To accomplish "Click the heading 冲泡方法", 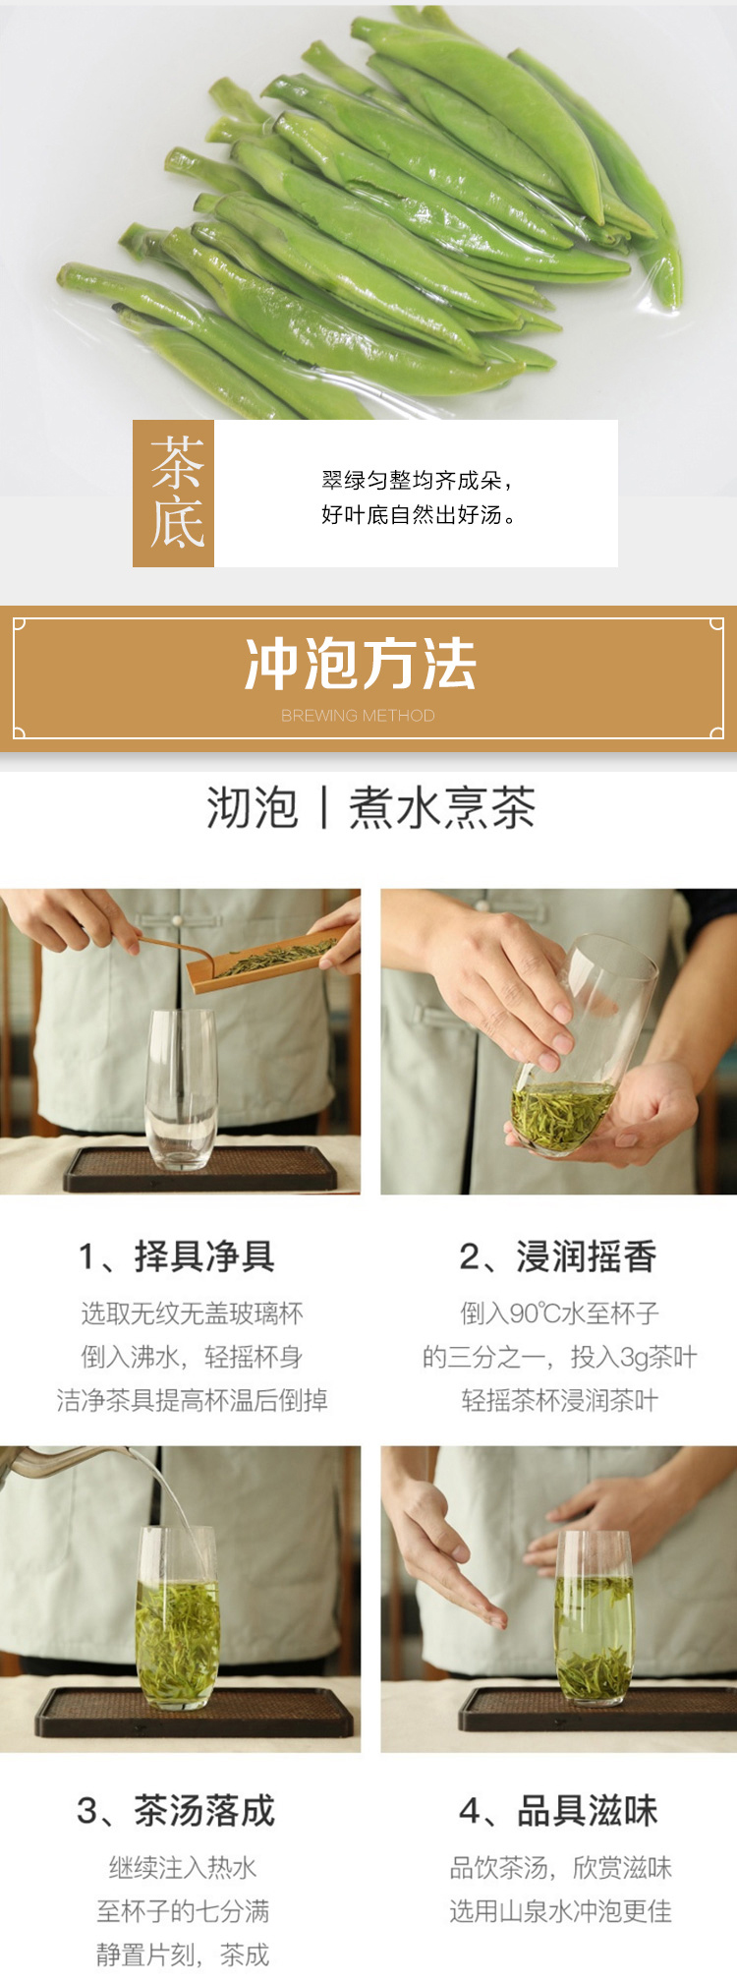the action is click(361, 664).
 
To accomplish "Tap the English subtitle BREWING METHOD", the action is click(358, 716).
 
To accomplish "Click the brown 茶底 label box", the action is click(173, 494).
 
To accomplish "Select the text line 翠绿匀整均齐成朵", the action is click(412, 480).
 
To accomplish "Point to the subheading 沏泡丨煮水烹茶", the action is click(370, 808).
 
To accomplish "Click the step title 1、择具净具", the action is click(177, 1255).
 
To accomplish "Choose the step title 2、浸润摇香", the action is click(558, 1255).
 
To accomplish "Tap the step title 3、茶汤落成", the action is click(177, 1810).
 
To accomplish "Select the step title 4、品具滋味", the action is click(558, 1810).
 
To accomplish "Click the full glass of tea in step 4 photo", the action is click(594, 1616).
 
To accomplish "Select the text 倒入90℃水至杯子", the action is click(560, 1313).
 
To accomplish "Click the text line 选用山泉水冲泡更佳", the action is click(561, 1910).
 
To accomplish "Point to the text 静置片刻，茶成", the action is click(183, 1955).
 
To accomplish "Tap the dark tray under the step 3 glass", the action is click(195, 1714).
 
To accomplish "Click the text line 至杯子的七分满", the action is click(183, 1910).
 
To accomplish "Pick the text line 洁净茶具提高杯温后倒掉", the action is click(192, 1400).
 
